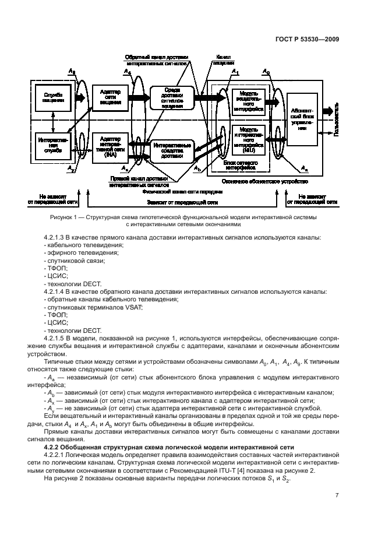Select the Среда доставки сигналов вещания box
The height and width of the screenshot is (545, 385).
coord(172,97)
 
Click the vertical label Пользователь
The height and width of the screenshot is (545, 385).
coord(335,123)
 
